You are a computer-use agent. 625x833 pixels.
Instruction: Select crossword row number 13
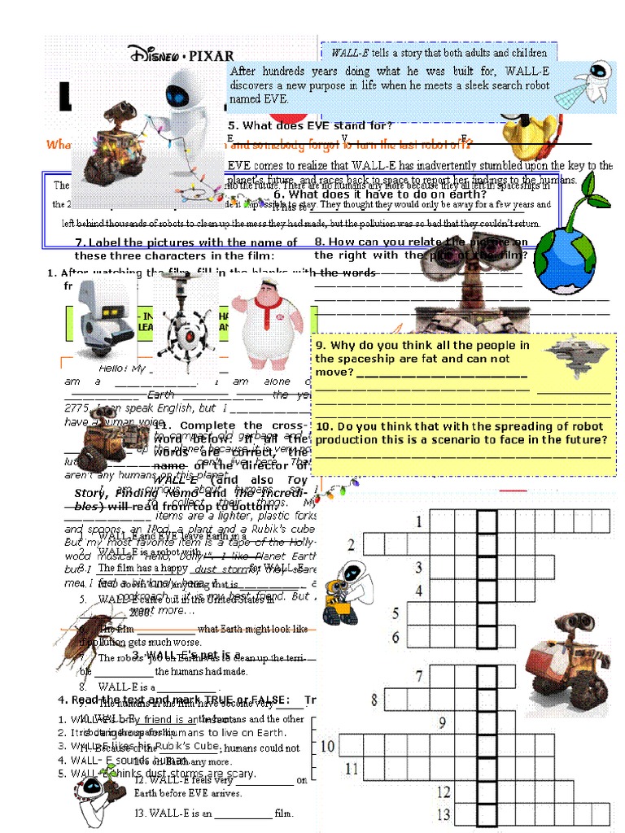point(444,813)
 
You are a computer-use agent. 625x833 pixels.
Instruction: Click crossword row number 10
point(326,745)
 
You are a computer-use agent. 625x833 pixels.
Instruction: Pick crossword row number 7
point(419,676)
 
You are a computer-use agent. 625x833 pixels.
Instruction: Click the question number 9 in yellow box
point(321,346)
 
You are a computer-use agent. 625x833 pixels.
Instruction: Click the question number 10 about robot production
point(324,426)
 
